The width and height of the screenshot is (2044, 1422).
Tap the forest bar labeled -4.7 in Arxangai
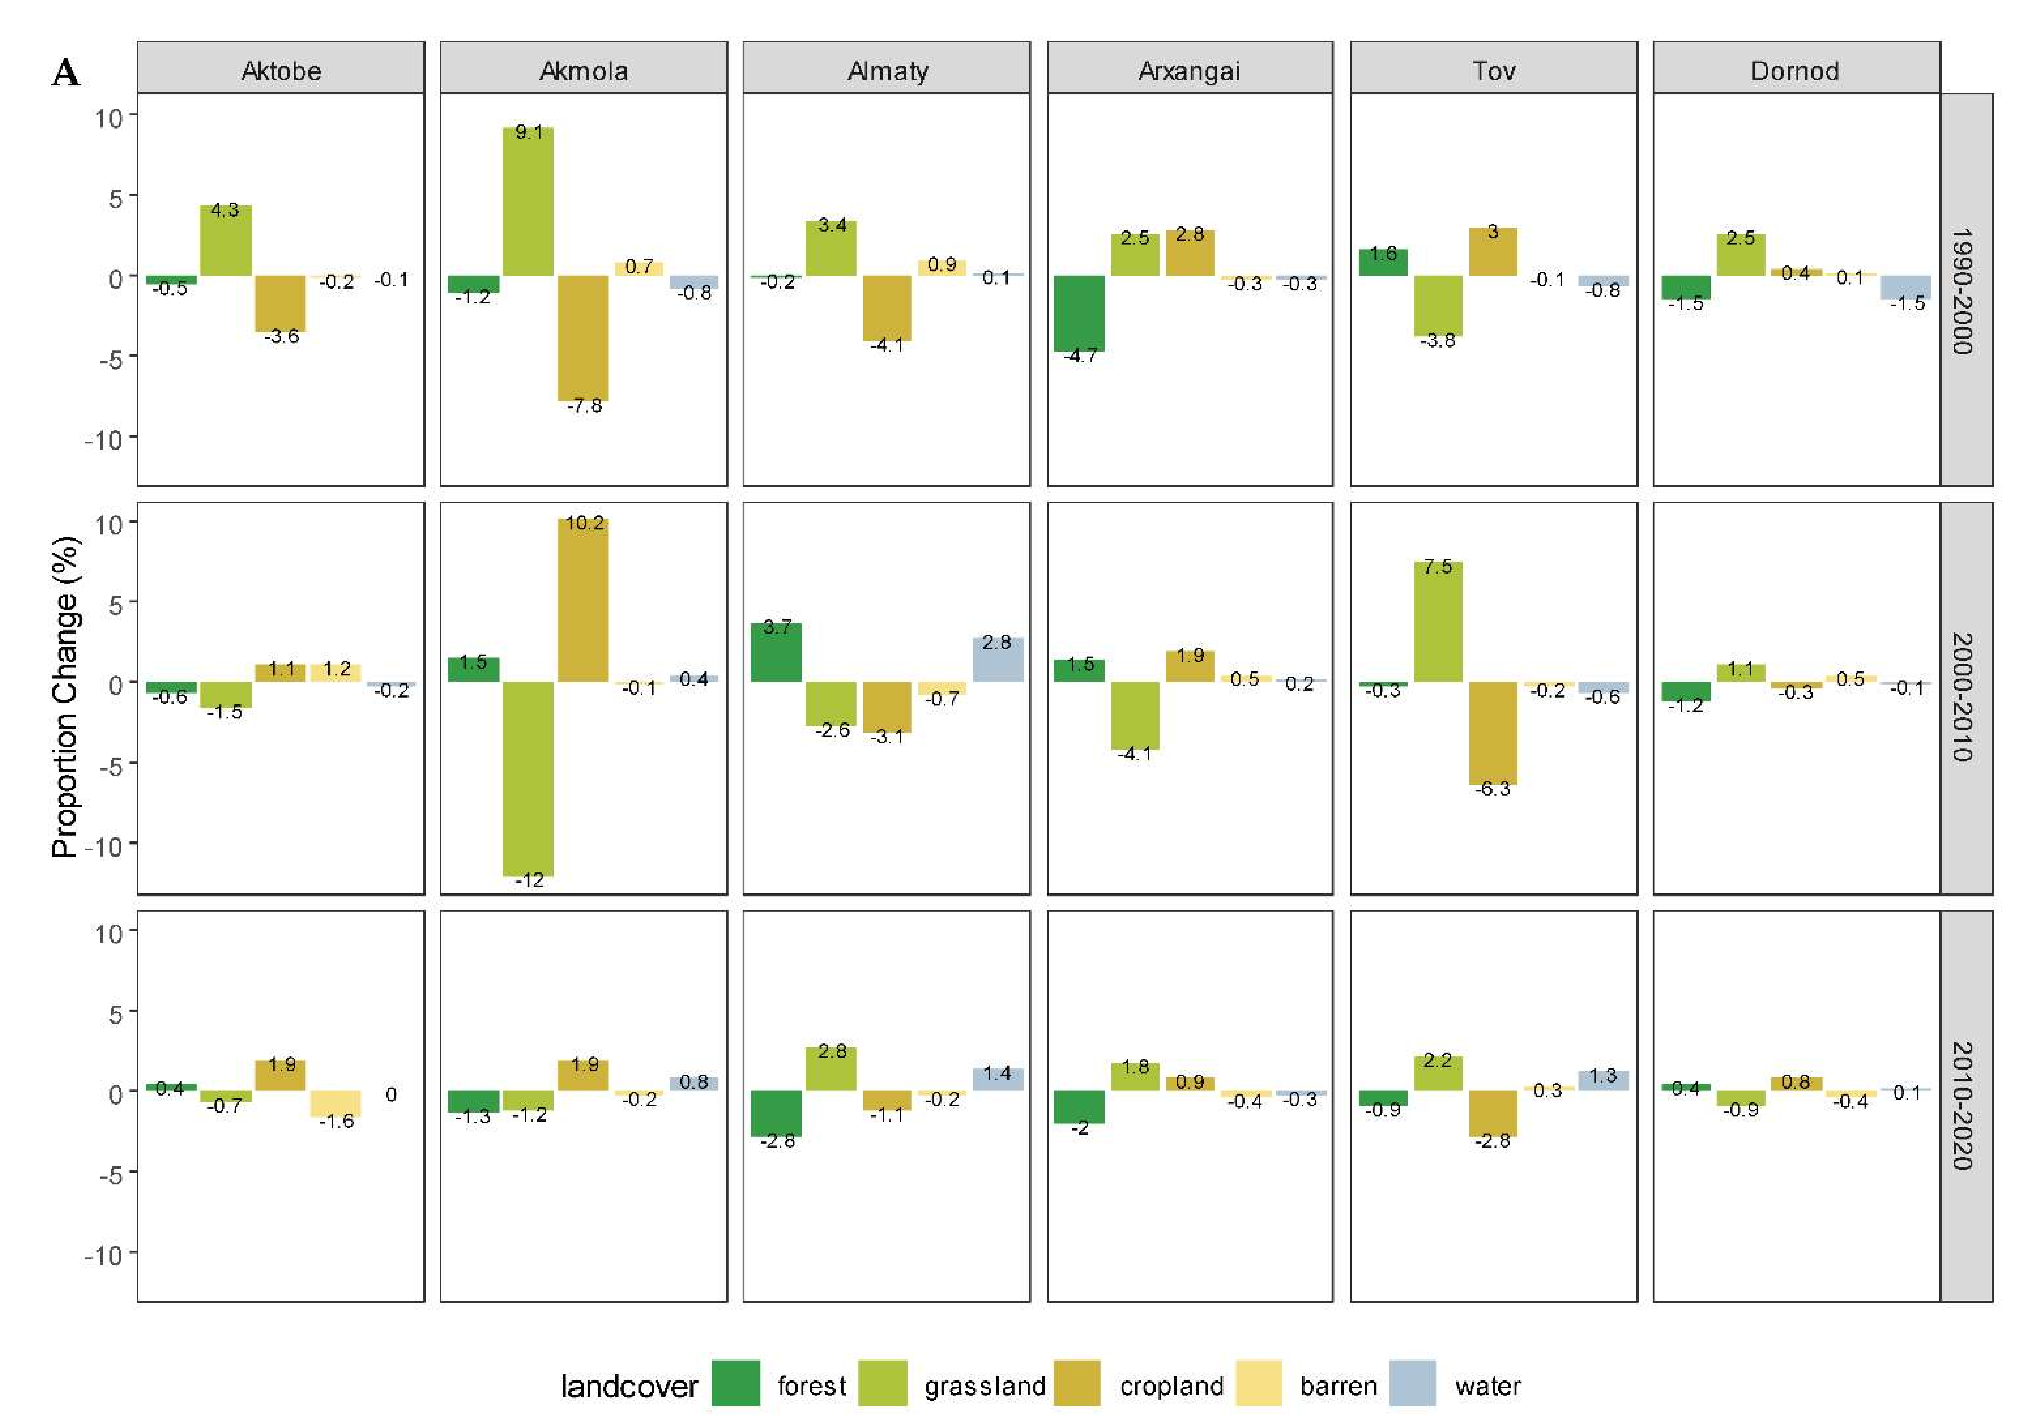1080,313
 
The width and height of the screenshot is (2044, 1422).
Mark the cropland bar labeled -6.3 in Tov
1493,733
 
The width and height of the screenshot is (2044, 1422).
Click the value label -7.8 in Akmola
585,406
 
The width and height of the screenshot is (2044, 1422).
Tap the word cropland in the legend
1172,1385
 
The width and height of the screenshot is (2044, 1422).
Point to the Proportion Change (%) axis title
65,697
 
